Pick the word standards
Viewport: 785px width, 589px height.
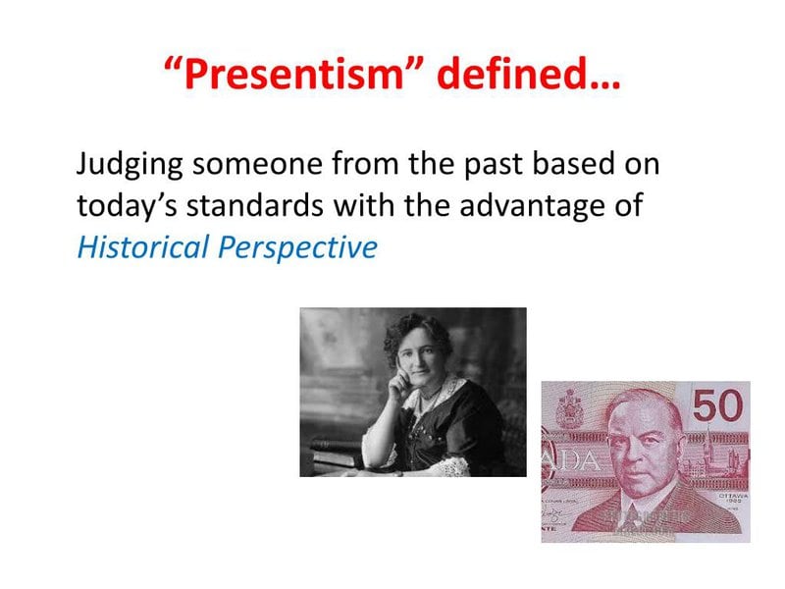(259, 205)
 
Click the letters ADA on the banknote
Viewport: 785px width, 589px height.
(573, 461)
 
